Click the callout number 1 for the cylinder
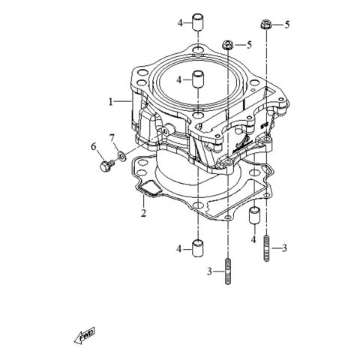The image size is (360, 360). click(x=109, y=100)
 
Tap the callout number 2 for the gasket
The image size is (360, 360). click(x=142, y=214)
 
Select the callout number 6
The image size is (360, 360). click(x=94, y=145)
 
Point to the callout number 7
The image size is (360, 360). click(x=112, y=138)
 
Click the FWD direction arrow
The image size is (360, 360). click(x=79, y=338)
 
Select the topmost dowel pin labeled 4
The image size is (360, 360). click(x=198, y=21)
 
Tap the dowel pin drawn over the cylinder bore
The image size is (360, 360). click(x=198, y=79)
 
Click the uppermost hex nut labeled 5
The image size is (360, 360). click(x=266, y=25)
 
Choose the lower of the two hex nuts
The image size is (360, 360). click(x=226, y=46)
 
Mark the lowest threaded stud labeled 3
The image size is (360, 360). click(x=226, y=271)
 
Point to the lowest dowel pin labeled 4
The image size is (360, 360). click(x=198, y=247)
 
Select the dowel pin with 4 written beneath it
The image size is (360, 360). click(x=253, y=217)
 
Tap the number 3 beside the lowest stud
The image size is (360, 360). click(x=209, y=271)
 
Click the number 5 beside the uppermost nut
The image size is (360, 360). click(x=286, y=25)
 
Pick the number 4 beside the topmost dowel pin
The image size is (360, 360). click(x=180, y=23)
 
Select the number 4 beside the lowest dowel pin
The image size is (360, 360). click(x=180, y=247)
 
